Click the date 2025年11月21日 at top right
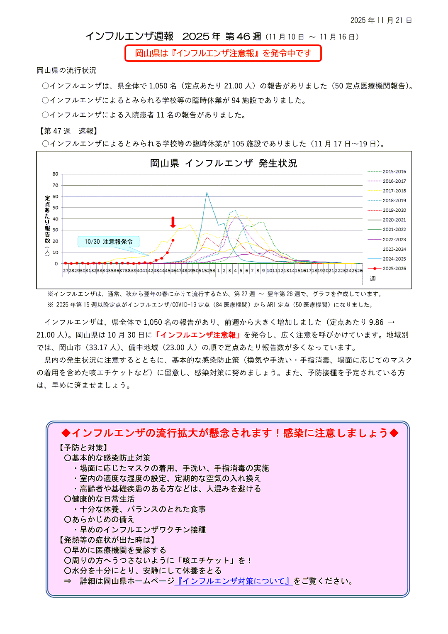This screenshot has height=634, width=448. point(381,20)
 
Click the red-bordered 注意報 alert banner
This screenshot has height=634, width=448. point(223,53)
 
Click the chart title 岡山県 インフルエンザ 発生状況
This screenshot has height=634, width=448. point(224,163)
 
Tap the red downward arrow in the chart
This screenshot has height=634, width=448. point(173,222)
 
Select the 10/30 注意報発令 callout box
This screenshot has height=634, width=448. point(109,242)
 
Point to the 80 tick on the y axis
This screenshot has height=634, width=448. point(56,174)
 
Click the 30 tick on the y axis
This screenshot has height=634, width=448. point(56,230)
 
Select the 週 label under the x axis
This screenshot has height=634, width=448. point(373,279)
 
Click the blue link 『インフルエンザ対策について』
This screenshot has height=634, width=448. point(234,581)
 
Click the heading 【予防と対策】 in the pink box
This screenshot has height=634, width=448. point(84,448)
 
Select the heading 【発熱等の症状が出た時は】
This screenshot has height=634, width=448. point(107,540)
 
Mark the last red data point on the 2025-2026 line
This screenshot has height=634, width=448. point(173,240)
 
